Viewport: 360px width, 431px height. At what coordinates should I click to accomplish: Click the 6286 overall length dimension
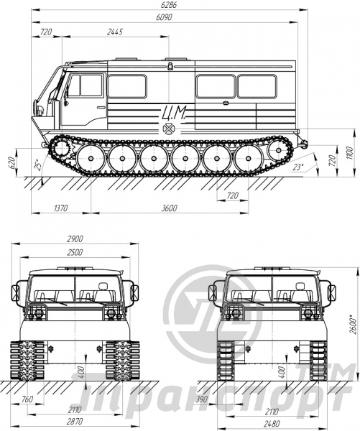click(169, 5)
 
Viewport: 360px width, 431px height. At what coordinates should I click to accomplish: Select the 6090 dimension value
click(164, 17)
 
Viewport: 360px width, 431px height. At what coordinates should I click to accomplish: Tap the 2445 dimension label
click(115, 32)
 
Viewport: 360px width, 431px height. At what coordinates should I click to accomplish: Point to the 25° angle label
click(38, 164)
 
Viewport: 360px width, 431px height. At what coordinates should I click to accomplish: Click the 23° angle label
click(297, 167)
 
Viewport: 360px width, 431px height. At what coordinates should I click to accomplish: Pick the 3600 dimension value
click(169, 208)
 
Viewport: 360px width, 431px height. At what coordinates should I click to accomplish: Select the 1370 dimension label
click(60, 208)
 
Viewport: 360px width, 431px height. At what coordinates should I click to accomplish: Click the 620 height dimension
click(11, 163)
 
